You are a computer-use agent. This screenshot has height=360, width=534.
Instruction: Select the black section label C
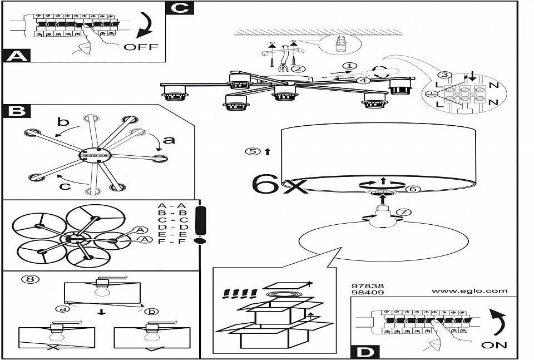(180, 8)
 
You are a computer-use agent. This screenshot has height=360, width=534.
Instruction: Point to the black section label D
(364, 352)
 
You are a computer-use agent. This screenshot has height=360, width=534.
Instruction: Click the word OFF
(141, 47)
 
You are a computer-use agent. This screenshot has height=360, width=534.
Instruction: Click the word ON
(494, 345)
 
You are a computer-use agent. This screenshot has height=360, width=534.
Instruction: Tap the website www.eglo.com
(469, 290)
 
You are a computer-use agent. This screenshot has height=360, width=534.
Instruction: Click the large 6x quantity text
(279, 184)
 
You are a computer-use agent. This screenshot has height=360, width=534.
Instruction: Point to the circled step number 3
(443, 76)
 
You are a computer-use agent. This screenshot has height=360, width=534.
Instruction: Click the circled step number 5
(254, 151)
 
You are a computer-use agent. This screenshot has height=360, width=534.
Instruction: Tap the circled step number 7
(404, 212)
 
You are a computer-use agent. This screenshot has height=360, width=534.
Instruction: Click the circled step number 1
(349, 66)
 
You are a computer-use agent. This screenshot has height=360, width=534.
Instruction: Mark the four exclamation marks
(239, 293)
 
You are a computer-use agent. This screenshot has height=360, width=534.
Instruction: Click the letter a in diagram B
(169, 140)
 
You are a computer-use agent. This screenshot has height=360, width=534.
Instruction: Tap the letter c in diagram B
(65, 186)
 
